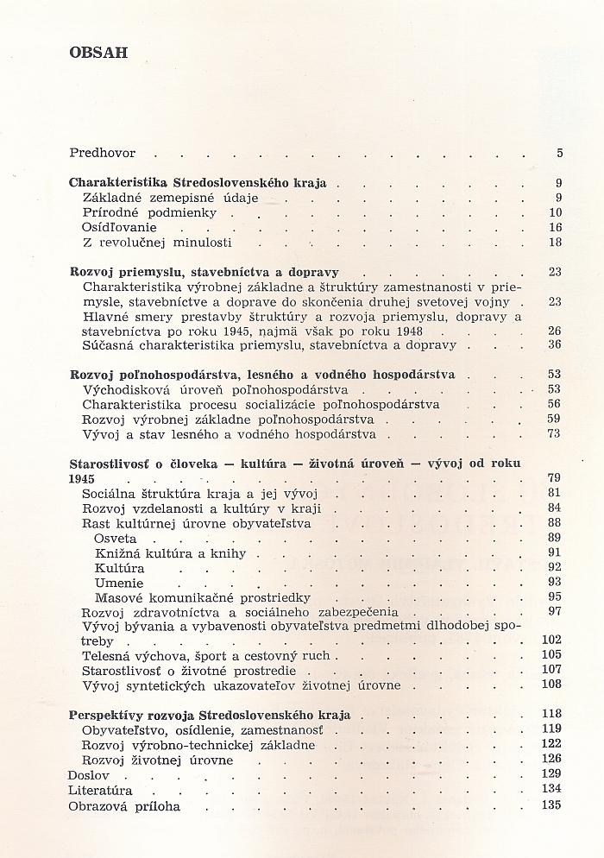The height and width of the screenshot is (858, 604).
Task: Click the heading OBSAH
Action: (98, 52)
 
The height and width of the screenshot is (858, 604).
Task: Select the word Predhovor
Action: (102, 153)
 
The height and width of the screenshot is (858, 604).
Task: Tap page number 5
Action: (559, 154)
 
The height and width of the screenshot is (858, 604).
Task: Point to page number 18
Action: (555, 243)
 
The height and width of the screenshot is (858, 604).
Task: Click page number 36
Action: (554, 344)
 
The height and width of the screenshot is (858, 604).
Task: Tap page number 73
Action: (554, 433)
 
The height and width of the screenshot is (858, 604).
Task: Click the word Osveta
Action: (116, 539)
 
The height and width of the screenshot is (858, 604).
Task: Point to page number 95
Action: (554, 596)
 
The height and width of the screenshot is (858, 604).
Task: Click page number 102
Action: (551, 640)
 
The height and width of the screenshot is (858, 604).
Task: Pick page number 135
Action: (551, 804)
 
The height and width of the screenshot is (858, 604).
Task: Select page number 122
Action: (551, 745)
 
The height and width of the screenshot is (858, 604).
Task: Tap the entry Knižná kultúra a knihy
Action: (171, 553)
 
